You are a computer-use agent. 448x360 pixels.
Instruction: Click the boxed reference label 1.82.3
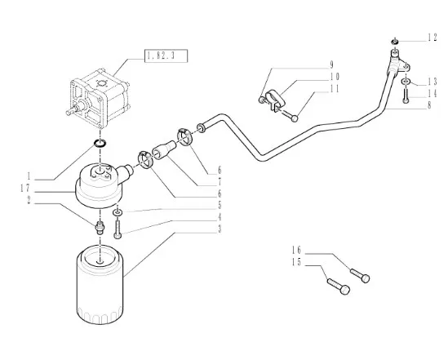click(166, 56)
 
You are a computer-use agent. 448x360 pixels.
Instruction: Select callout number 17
click(25, 188)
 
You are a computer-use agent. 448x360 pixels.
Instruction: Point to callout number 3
click(220, 229)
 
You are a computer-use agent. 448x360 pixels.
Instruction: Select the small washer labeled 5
click(118, 212)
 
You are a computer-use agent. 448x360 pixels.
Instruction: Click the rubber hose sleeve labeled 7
click(164, 149)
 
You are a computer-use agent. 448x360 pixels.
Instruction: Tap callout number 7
click(220, 182)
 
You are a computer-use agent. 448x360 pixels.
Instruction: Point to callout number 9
click(331, 64)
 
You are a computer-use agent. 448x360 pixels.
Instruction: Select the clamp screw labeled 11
click(289, 115)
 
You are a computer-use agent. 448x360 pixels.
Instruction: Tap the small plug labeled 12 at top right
click(395, 41)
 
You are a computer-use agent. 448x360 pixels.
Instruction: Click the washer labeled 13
click(406, 81)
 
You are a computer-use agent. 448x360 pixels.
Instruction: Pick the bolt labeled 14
click(406, 96)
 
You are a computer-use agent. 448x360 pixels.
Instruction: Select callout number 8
click(429, 105)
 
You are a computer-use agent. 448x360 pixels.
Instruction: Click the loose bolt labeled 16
click(361, 275)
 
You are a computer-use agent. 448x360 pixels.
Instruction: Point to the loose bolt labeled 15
click(339, 287)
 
